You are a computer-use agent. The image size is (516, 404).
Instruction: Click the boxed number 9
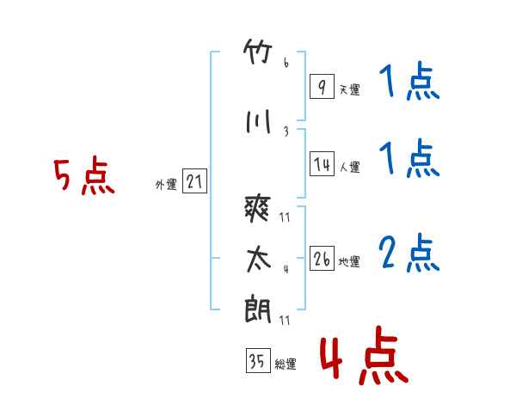click(x=321, y=86)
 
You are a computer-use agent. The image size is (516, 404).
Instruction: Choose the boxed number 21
click(x=194, y=182)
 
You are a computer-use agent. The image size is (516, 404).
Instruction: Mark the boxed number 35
click(x=257, y=362)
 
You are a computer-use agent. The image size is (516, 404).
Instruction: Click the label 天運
click(x=349, y=89)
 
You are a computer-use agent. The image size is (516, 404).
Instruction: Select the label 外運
click(x=165, y=185)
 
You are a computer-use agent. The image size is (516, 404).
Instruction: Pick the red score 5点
click(x=84, y=177)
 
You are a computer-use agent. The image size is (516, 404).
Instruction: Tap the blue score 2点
click(x=409, y=254)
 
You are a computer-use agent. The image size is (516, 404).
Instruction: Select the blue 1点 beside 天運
click(x=408, y=83)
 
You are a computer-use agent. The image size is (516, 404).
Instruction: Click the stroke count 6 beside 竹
click(x=286, y=63)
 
